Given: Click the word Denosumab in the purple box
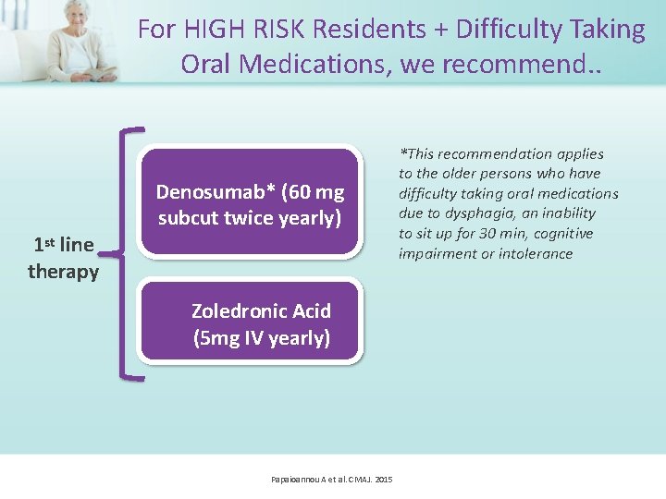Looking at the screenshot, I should [203, 192].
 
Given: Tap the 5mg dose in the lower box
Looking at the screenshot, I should [215, 338].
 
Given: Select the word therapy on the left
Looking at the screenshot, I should [63, 271].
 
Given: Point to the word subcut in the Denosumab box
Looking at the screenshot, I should [190, 218].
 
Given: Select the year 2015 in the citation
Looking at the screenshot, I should [383, 479].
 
